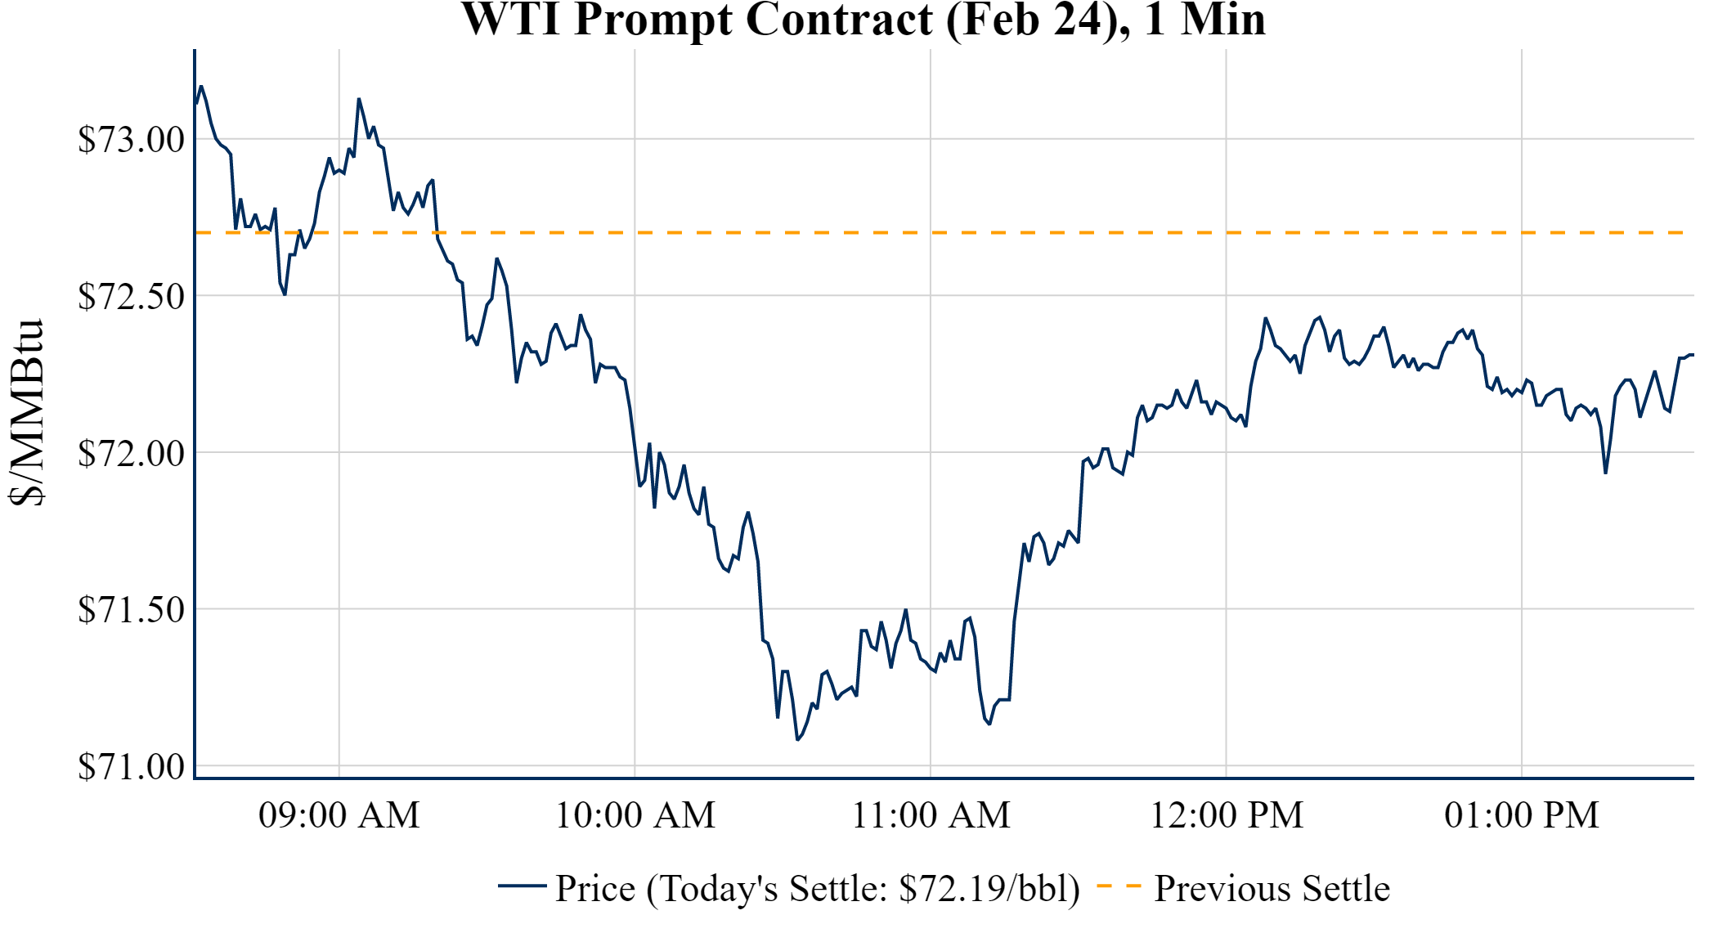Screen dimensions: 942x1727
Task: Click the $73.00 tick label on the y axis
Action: (131, 140)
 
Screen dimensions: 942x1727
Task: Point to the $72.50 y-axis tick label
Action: (131, 297)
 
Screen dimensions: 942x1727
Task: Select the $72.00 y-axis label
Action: (131, 454)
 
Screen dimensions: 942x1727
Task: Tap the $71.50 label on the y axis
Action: (131, 610)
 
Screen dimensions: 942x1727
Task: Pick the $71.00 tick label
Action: (131, 767)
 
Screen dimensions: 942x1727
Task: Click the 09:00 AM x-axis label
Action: (339, 815)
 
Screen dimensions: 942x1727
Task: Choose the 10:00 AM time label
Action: (635, 815)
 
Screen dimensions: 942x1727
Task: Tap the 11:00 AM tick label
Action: (931, 815)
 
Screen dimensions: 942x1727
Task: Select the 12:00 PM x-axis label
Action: (1227, 815)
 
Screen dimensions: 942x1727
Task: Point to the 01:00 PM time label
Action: (1522, 815)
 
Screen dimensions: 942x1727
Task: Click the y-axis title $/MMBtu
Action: (26, 413)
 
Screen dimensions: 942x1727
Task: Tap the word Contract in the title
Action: (839, 20)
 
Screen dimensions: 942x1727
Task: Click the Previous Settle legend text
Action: (1272, 889)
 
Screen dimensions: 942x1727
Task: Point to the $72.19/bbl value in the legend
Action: (989, 889)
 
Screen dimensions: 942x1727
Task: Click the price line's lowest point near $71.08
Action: (797, 739)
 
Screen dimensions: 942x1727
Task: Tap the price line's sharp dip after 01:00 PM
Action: (1605, 473)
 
